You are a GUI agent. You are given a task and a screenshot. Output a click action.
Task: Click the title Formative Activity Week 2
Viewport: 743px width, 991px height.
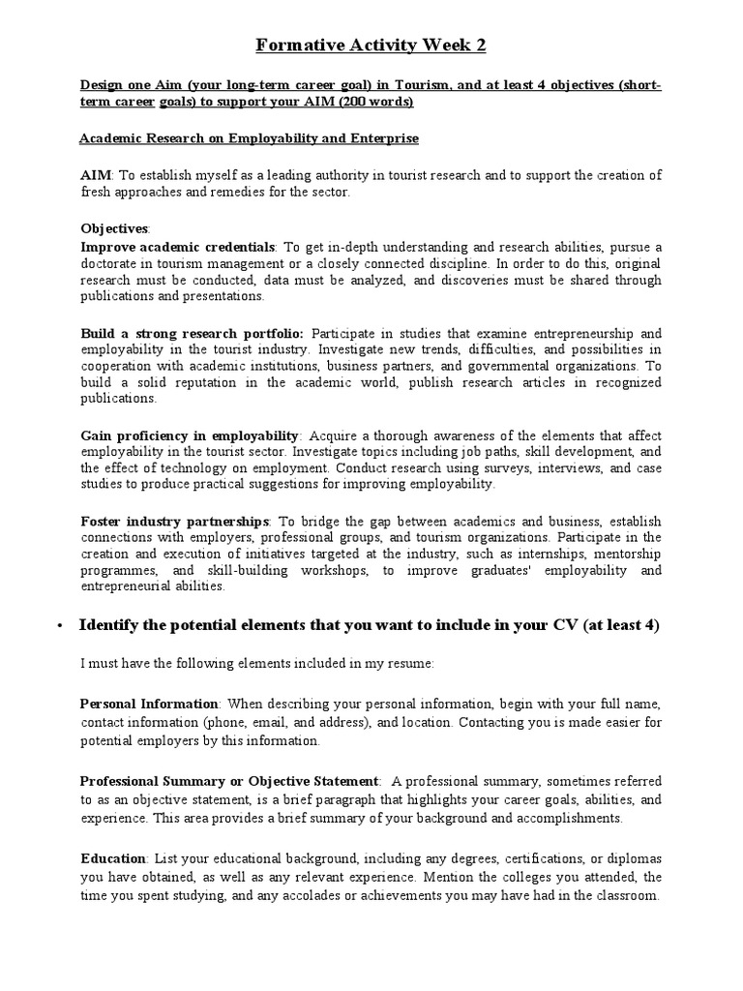point(371,45)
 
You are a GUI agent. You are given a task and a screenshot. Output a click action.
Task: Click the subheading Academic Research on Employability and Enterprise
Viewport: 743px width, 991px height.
point(249,138)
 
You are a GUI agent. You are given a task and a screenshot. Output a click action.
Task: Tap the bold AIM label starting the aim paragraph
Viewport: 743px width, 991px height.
point(97,175)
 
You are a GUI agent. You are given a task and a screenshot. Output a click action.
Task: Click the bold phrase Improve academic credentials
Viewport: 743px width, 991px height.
point(178,247)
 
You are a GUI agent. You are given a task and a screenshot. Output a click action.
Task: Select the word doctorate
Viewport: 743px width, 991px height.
point(113,263)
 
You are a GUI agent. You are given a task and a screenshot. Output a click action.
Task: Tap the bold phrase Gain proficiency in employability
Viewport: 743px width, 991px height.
point(191,435)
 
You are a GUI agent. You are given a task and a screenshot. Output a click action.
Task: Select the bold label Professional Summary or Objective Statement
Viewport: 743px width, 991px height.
point(229,780)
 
